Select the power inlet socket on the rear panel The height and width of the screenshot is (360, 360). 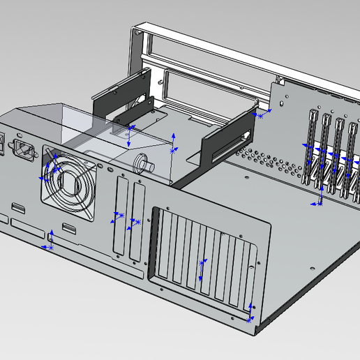pos(26,149)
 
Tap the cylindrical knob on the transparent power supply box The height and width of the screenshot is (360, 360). pos(146,163)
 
